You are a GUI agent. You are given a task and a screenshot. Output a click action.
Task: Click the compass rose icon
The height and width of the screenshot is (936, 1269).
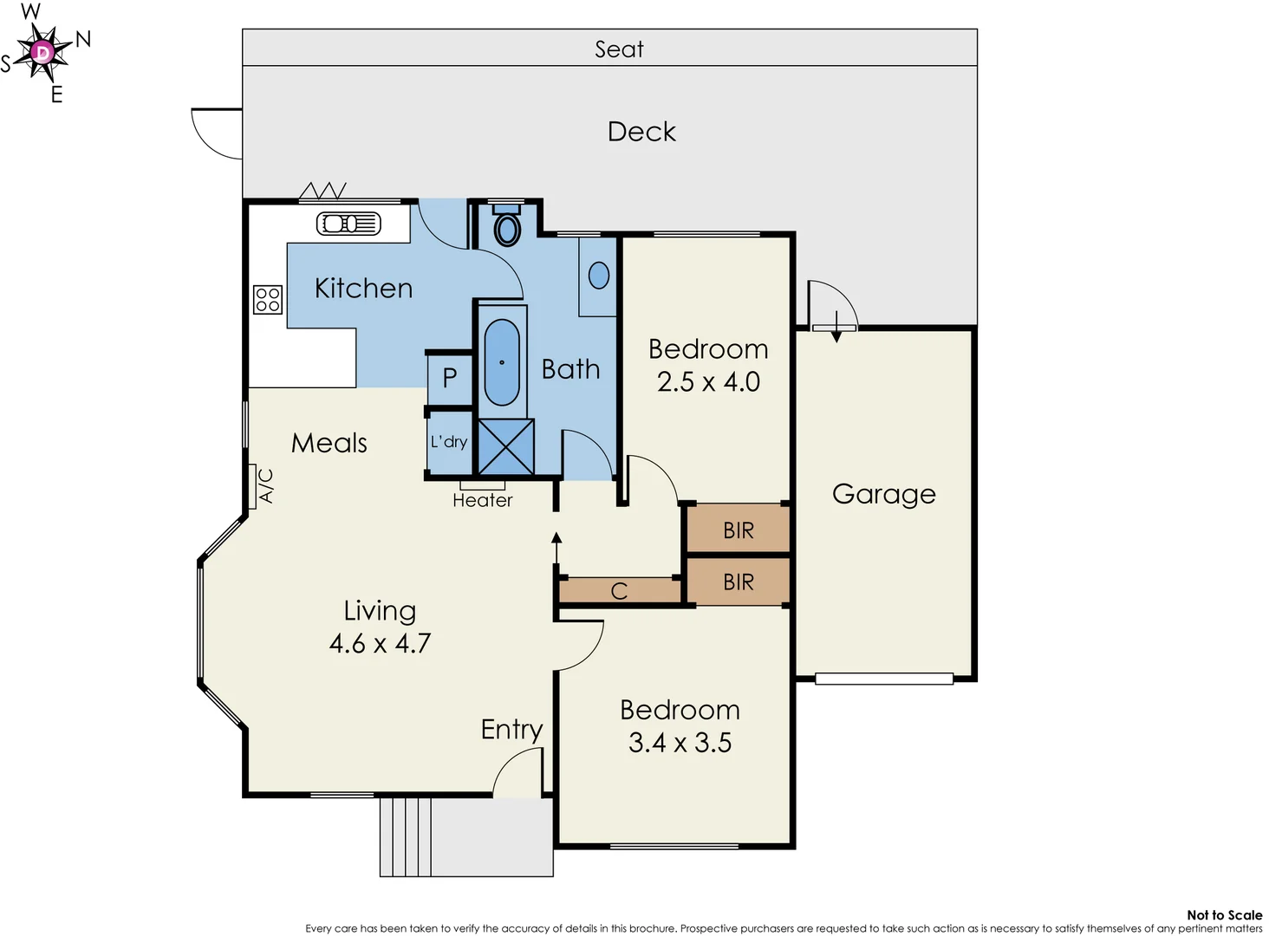point(42,53)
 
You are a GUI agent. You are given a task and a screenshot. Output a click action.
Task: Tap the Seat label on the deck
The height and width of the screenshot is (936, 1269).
point(619,49)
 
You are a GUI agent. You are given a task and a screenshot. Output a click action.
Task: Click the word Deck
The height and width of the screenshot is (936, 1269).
point(641,132)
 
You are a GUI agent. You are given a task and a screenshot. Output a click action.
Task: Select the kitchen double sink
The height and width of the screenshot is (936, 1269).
point(348,224)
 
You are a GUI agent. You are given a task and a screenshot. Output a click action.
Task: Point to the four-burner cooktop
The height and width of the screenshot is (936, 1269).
point(268,300)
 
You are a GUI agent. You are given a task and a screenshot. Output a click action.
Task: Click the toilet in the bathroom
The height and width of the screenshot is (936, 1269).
point(507,228)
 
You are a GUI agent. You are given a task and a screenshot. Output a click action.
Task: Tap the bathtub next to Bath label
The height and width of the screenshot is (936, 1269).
point(502,362)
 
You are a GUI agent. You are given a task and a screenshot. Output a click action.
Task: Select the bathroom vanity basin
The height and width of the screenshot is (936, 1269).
point(598,276)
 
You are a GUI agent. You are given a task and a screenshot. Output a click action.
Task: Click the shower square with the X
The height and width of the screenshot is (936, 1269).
point(506,447)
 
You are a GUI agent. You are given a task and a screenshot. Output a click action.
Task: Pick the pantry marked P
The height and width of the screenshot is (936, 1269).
point(450,378)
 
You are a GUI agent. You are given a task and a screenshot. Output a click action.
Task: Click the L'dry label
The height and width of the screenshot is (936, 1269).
point(449,442)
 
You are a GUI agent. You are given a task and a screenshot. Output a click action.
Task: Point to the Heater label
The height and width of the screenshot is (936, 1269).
point(483,501)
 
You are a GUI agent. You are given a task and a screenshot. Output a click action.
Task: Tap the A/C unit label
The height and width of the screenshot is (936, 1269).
point(266,486)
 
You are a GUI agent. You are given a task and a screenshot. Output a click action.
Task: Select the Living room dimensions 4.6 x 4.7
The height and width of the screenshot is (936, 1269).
point(380,644)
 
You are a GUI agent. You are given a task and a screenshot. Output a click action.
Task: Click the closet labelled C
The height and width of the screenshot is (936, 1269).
point(619,591)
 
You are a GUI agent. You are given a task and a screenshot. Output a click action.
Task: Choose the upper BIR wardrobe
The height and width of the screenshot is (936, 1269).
point(738,530)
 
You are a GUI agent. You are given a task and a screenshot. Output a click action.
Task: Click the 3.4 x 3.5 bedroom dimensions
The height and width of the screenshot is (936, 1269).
point(680,743)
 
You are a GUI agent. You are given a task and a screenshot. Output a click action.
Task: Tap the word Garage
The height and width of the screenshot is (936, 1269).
point(883,494)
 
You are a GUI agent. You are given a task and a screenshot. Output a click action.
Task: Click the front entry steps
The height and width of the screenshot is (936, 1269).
point(406,836)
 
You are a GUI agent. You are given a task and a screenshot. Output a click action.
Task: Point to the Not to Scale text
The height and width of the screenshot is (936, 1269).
point(1224,915)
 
